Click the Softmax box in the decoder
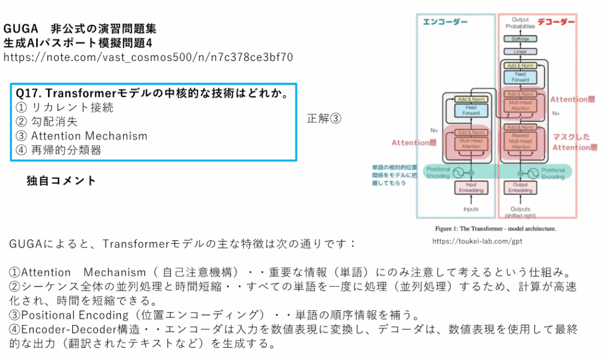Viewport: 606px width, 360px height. pos(520,38)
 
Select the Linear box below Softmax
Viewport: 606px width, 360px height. pos(520,52)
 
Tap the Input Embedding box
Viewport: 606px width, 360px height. pos(471,188)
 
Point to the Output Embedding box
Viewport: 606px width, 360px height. pos(520,188)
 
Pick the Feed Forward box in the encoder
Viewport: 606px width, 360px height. pos(471,111)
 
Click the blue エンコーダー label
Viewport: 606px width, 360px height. pos(445,22)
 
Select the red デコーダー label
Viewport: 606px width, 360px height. pos(556,22)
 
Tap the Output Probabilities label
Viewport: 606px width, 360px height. pos(520,23)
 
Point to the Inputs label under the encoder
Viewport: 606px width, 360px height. pos(471,209)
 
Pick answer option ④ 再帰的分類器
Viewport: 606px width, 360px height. pos(59,150)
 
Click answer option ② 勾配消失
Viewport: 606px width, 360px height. pos(47,122)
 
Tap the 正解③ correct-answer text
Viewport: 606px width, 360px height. pos(324,118)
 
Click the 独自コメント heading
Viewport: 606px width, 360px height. pos(61,181)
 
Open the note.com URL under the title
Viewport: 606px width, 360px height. pos(148,57)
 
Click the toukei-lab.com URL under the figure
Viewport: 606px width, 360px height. pos(477,241)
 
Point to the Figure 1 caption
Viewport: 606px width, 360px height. pos(495,228)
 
